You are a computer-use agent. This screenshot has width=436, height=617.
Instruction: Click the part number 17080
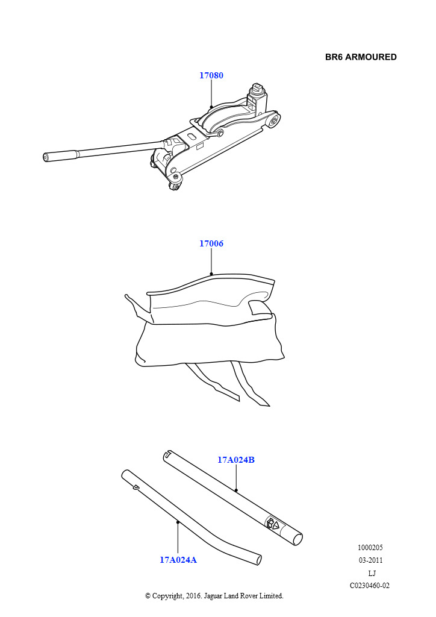click(x=211, y=75)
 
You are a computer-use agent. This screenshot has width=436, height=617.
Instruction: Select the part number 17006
click(x=211, y=243)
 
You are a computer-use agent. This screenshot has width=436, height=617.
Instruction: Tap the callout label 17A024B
click(x=236, y=460)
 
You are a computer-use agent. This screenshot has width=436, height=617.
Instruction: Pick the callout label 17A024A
click(x=178, y=560)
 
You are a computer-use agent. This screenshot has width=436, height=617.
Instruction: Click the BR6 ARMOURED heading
click(x=361, y=57)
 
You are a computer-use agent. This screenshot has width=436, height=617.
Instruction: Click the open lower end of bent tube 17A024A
click(x=258, y=560)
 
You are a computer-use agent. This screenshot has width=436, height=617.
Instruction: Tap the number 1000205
click(x=370, y=547)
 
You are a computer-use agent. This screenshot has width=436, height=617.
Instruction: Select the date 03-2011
click(x=371, y=560)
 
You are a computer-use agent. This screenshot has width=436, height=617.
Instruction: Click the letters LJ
click(x=372, y=573)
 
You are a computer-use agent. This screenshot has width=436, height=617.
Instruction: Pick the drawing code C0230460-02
click(x=370, y=586)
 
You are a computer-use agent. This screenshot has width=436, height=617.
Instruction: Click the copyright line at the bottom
click(x=214, y=596)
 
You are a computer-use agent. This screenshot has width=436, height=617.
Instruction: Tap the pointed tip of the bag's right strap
click(x=269, y=406)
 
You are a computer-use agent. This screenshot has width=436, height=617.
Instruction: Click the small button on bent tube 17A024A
click(x=136, y=487)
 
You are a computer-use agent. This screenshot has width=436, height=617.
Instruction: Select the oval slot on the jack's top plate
click(x=192, y=136)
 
